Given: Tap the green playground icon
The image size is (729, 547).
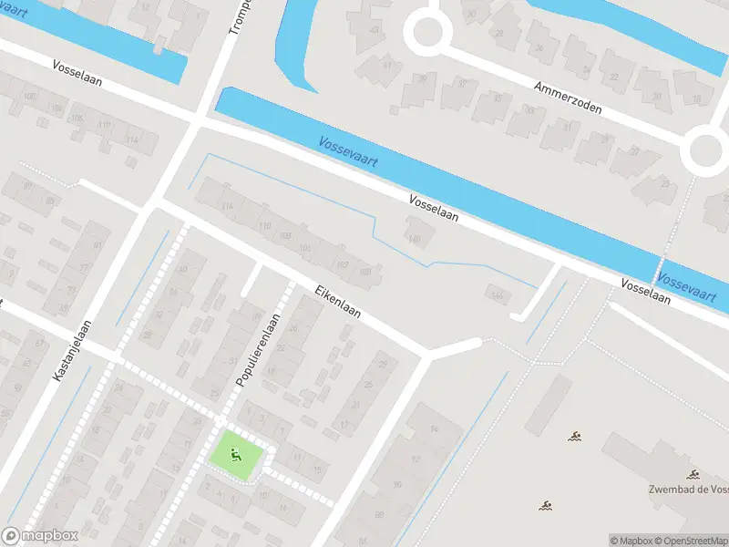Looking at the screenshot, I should click(x=238, y=453).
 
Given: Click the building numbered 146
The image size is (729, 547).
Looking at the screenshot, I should click(x=497, y=294).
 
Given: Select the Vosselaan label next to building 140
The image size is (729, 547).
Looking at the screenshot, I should click(x=434, y=211).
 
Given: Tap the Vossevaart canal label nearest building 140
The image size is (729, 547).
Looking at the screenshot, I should click(x=349, y=152).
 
